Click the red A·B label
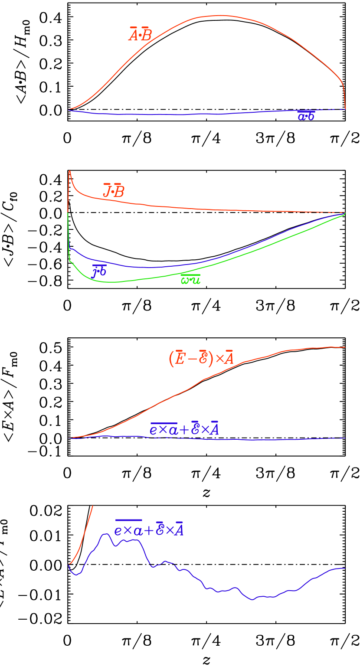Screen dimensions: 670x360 click(140, 34)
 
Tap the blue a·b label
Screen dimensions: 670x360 click(306, 116)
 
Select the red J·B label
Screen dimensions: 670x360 click(114, 191)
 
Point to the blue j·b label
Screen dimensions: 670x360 click(99, 271)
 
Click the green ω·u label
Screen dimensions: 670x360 click(190, 280)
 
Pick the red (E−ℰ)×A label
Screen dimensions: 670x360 click(201, 358)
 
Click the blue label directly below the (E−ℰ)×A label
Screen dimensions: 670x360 click(184, 429)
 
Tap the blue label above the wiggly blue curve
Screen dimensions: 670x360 click(149, 529)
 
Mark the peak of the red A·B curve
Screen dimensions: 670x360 click(221, 15)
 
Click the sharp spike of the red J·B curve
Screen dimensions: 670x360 click(69, 171)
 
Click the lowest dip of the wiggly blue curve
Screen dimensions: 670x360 click(252, 599)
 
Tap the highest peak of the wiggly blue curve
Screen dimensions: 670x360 click(105, 534)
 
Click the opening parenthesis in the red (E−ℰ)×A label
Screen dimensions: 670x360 click(170, 358)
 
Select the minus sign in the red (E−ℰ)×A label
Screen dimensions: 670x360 click(191, 359)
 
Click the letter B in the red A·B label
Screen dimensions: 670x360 click(147, 35)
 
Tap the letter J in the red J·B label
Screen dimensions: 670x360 click(107, 191)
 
